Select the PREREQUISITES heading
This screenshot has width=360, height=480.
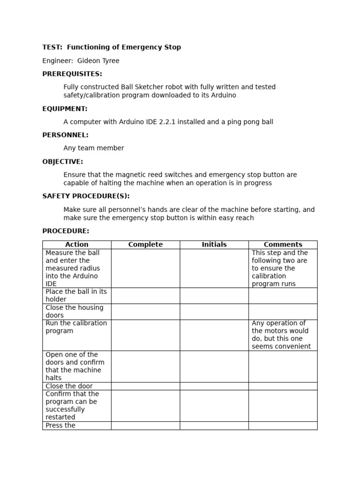pos(72,74)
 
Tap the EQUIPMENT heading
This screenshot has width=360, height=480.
pos(65,109)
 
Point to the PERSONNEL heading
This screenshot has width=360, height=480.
pos(65,135)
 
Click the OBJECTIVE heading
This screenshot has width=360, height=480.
pos(62,162)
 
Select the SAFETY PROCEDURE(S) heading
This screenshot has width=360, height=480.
pos(86,196)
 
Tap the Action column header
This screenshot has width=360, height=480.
pos(77,245)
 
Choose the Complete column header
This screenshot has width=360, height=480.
pos(145,245)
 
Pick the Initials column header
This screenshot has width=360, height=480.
pos(214,245)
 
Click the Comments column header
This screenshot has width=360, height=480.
pos(283,245)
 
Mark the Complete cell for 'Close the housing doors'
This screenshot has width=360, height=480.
pos(145,312)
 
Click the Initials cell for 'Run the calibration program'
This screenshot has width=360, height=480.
pos(214,335)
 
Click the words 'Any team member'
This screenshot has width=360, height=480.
pos(94,148)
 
